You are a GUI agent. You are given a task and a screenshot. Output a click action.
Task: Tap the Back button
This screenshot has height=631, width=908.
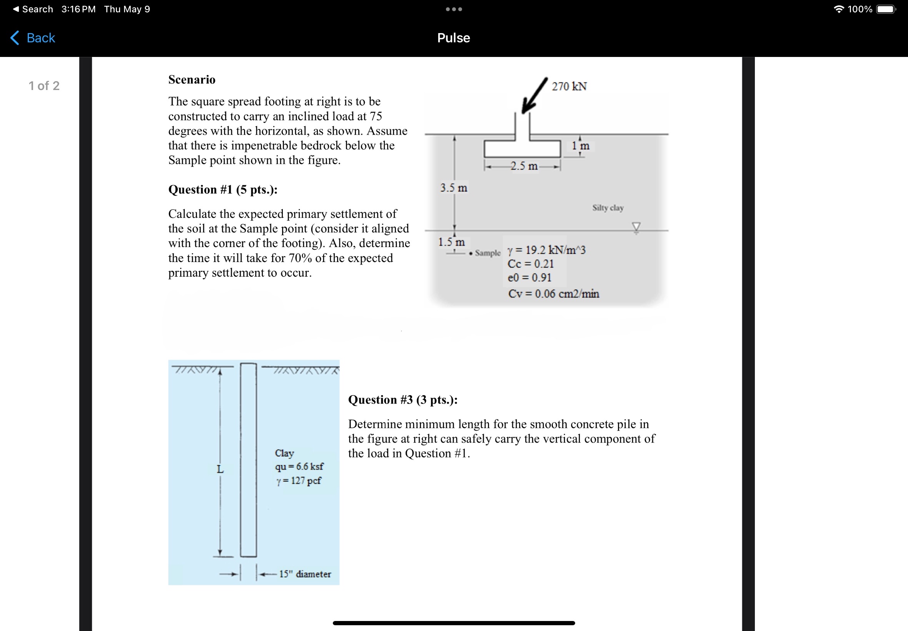tap(33, 38)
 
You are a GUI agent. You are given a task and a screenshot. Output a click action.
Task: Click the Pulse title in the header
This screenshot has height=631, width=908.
tap(453, 38)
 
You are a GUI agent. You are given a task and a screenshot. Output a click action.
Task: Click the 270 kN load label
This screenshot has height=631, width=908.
tap(569, 86)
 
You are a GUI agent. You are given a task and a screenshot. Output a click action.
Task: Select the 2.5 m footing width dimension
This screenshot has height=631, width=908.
tap(524, 166)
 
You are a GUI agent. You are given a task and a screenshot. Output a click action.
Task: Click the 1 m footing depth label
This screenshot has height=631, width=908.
tap(580, 146)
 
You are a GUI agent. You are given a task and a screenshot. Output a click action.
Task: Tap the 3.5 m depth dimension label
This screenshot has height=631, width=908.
tap(454, 188)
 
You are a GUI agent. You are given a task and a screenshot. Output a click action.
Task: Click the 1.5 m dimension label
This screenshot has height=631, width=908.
tap(451, 242)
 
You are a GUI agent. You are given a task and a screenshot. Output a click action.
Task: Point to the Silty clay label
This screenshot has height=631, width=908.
tap(608, 207)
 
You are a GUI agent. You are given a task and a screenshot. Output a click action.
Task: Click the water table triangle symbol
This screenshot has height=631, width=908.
tap(636, 227)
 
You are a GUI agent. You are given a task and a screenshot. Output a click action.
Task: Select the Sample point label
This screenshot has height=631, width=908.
tap(487, 253)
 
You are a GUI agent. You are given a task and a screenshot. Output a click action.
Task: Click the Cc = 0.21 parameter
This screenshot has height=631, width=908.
tap(531, 264)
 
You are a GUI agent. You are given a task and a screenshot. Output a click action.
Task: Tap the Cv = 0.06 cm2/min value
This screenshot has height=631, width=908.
tap(553, 294)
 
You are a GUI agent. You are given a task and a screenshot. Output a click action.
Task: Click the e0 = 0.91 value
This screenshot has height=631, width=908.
tap(529, 277)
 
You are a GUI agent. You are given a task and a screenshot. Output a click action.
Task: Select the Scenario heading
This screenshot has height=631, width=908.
tap(192, 80)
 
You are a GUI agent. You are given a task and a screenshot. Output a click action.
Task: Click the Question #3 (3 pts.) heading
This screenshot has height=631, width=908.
tap(403, 400)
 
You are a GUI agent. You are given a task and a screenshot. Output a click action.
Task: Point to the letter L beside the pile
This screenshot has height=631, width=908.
tap(220, 469)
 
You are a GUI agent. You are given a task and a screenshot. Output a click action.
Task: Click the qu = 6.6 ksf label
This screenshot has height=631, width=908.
tap(299, 467)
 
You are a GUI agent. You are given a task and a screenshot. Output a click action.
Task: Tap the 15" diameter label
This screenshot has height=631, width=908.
tap(305, 574)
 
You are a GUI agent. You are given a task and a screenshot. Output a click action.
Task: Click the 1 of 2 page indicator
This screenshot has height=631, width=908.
tap(44, 86)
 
